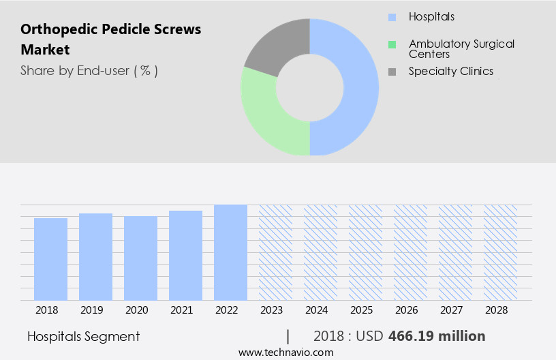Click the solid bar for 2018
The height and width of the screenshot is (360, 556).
pyautogui.click(x=50, y=259)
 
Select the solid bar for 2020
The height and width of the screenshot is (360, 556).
pyautogui.click(x=140, y=258)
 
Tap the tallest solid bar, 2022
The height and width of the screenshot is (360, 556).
pyautogui.click(x=230, y=252)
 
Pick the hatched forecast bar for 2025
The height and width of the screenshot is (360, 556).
pyautogui.click(x=365, y=252)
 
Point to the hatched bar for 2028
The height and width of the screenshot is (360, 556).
pyautogui.click(x=500, y=252)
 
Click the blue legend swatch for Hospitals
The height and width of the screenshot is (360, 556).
pyautogui.click(x=392, y=17)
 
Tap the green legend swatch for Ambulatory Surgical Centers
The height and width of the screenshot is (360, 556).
pyautogui.click(x=392, y=44)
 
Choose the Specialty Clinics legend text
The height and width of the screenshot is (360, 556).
pyautogui.click(x=450, y=71)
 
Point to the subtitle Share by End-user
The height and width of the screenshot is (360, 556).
pyautogui.click(x=89, y=71)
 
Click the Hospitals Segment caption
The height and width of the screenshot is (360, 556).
pyautogui.click(x=83, y=336)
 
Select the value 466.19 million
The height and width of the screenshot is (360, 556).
pyautogui.click(x=437, y=336)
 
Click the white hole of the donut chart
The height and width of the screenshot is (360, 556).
pyautogui.click(x=310, y=87)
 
